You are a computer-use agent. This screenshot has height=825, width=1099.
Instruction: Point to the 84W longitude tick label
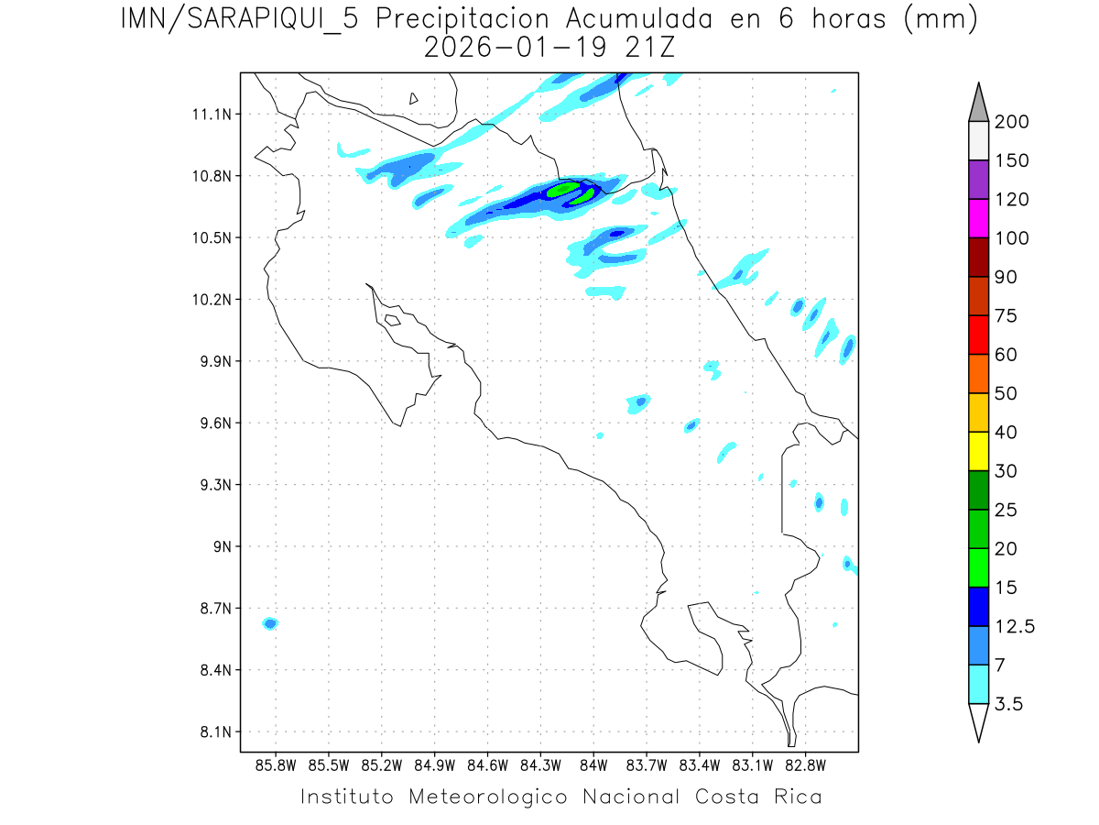point(593,764)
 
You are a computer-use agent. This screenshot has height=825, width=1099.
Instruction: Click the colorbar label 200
point(1011,122)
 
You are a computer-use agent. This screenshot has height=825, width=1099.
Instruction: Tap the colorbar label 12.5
point(1014,626)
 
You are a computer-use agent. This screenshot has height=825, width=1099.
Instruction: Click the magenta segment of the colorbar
point(978,219)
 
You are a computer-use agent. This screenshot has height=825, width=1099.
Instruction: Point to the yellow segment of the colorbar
point(978,451)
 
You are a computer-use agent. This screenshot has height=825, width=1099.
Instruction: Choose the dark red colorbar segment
point(978,258)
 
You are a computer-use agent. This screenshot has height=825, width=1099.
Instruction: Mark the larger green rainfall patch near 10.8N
point(562,190)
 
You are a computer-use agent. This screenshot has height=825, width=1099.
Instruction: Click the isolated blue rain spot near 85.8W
point(270,623)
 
